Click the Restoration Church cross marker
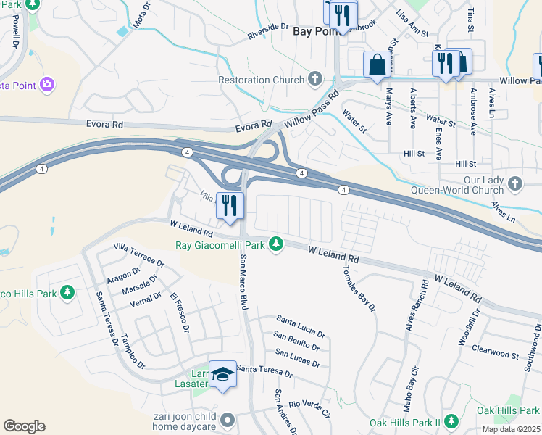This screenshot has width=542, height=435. (314, 78)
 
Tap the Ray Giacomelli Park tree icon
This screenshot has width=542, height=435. (275, 245)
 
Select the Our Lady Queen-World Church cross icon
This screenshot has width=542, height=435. (515, 181)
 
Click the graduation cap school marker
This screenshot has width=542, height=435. (223, 375)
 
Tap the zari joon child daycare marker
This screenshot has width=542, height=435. (228, 420)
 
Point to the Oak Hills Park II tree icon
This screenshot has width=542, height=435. (451, 421)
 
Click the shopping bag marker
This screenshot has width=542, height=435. (377, 65)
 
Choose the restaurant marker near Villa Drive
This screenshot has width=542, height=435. (231, 204)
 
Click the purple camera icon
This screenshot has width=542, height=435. (47, 85)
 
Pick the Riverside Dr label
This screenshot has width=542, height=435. (267, 30)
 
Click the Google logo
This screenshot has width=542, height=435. (24, 426)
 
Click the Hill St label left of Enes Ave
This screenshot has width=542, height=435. (414, 153)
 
